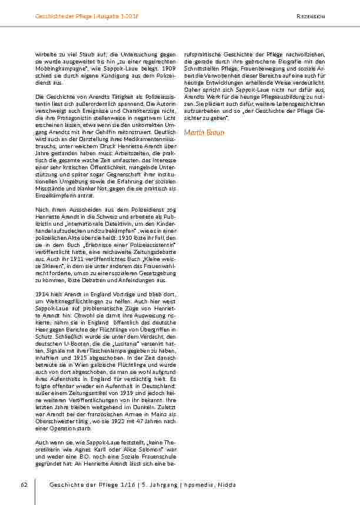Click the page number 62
click(24, 484)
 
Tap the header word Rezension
click(311, 16)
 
